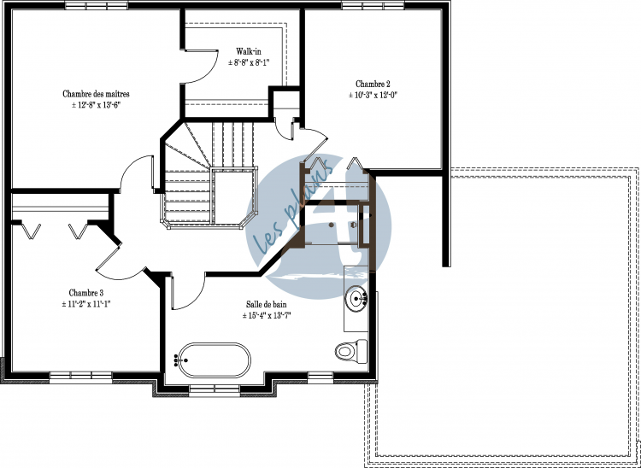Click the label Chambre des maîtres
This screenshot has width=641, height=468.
[x=96, y=94]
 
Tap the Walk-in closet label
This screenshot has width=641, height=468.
[x=249, y=52]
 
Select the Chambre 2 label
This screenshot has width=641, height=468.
[x=373, y=85]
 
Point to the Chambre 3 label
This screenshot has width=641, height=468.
[x=85, y=293]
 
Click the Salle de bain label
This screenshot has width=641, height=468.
[x=266, y=304]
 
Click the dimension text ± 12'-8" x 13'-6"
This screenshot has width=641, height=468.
[x=96, y=105]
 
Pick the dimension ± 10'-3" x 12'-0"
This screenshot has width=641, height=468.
[x=373, y=95]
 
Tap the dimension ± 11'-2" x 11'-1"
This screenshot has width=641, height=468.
[x=85, y=304]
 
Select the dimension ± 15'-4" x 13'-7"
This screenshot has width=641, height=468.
[x=266, y=315]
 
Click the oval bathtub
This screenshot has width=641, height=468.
[x=215, y=360]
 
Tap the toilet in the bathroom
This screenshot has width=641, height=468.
[x=351, y=351]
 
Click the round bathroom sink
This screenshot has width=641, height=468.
[x=356, y=299]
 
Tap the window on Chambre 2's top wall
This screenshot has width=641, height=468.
[x=373, y=5]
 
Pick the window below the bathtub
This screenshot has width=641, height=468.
[x=215, y=390]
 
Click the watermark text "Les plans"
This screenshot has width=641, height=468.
[x=291, y=208]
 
